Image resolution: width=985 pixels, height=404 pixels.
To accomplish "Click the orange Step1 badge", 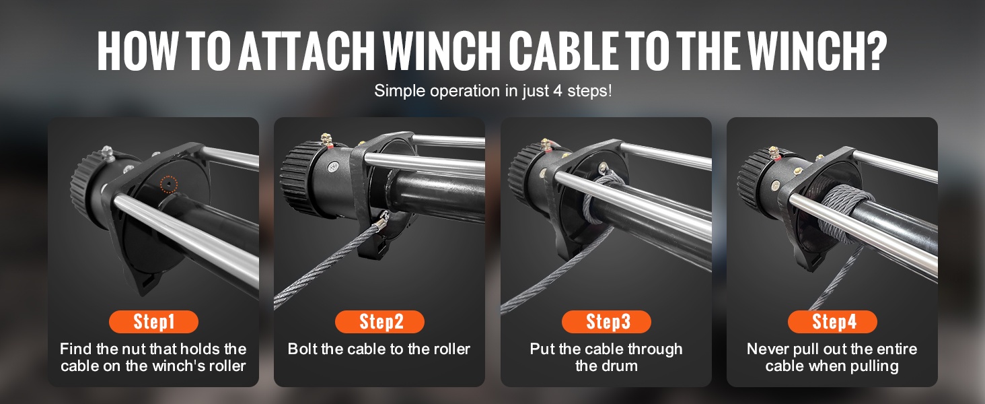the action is tap(153, 322).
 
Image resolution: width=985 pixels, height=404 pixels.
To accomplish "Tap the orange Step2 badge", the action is tap(380, 322).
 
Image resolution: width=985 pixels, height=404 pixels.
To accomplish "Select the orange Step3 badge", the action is tap(606, 322).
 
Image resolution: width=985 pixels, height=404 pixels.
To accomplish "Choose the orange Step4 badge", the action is tap(832, 322).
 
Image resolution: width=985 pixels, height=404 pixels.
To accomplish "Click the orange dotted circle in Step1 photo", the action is tap(168, 184).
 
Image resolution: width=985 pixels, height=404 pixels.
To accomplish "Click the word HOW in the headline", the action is tap(136, 50).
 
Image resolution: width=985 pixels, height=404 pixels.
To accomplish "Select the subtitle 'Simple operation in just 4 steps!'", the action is tap(492, 91).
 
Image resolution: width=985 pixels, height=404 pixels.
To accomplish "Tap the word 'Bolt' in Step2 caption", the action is tap(303, 349).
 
